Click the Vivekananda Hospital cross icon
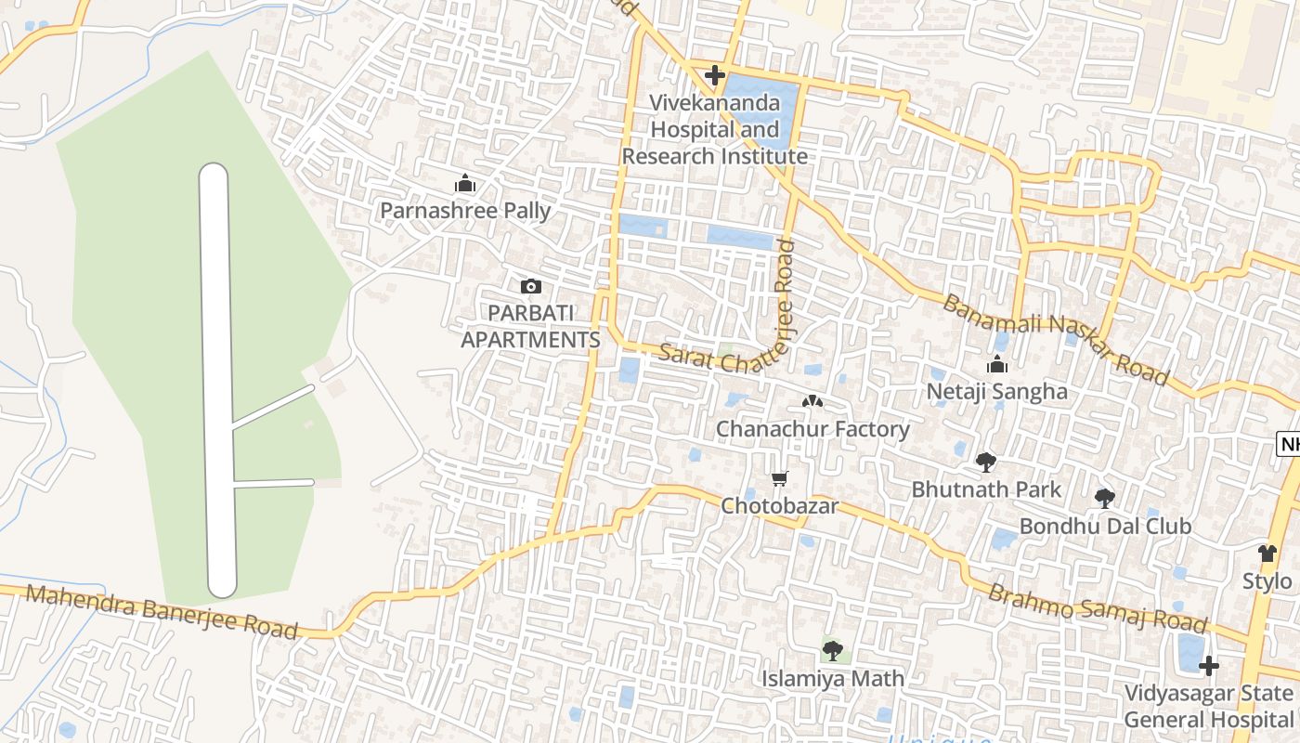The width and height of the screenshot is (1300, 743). click(714, 75)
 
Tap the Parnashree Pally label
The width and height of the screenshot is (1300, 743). click(465, 211)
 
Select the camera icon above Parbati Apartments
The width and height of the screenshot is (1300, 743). click(530, 286)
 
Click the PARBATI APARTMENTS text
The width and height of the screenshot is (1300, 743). click(530, 326)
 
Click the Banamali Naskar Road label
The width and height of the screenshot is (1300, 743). click(1055, 339)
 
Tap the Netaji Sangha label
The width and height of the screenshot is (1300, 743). click(997, 391)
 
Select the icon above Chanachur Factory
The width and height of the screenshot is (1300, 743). click(812, 402)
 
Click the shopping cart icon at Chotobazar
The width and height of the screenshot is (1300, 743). click(780, 479)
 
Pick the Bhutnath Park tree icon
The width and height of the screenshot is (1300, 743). click(985, 462)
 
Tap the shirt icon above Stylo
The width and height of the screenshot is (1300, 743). click(1267, 554)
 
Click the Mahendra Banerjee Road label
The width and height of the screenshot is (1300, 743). click(162, 613)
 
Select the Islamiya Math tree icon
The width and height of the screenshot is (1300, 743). click(833, 650)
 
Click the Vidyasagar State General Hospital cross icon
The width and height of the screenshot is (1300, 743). click(1208, 666)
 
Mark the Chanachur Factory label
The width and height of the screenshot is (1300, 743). click(812, 429)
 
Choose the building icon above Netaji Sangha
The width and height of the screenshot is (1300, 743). click(997, 364)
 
